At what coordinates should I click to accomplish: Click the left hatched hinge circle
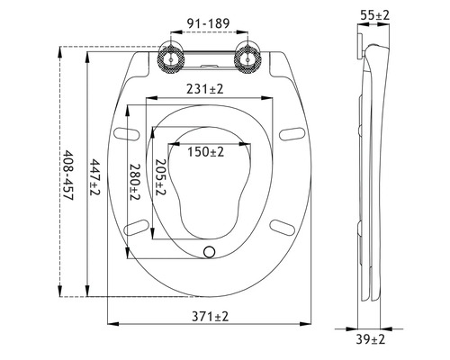(168, 58)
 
